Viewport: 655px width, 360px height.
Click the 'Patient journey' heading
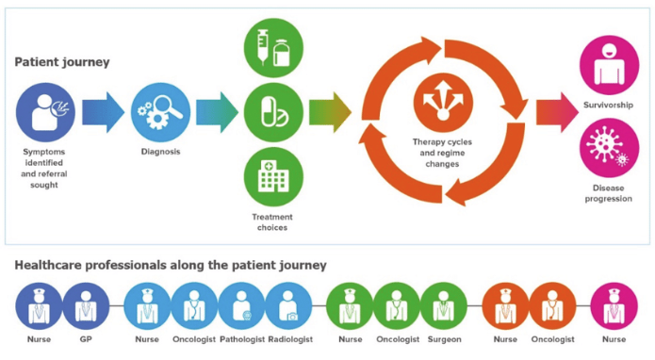pyautogui.click(x=62, y=62)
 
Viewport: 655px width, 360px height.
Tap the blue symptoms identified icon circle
pyautogui.click(x=45, y=113)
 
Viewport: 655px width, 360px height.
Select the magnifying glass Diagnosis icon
pyautogui.click(x=155, y=113)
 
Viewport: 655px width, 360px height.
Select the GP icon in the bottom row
pyautogui.click(x=86, y=306)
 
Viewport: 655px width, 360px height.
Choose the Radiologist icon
pyautogui.click(x=288, y=306)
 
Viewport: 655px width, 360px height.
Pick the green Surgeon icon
pyautogui.click(x=444, y=306)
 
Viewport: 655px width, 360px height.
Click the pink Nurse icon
pyautogui.click(x=614, y=306)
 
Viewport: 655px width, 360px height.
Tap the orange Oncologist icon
pyautogui.click(x=552, y=306)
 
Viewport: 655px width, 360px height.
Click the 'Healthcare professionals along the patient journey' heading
pyautogui.click(x=170, y=265)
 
